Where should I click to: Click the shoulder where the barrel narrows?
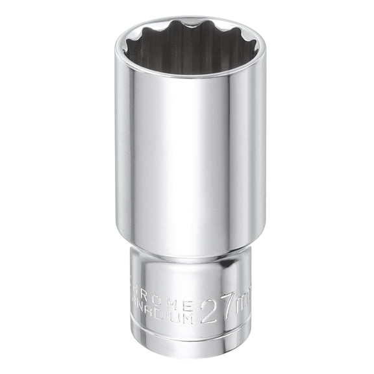(188, 253)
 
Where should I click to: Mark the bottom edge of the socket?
(188, 356)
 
